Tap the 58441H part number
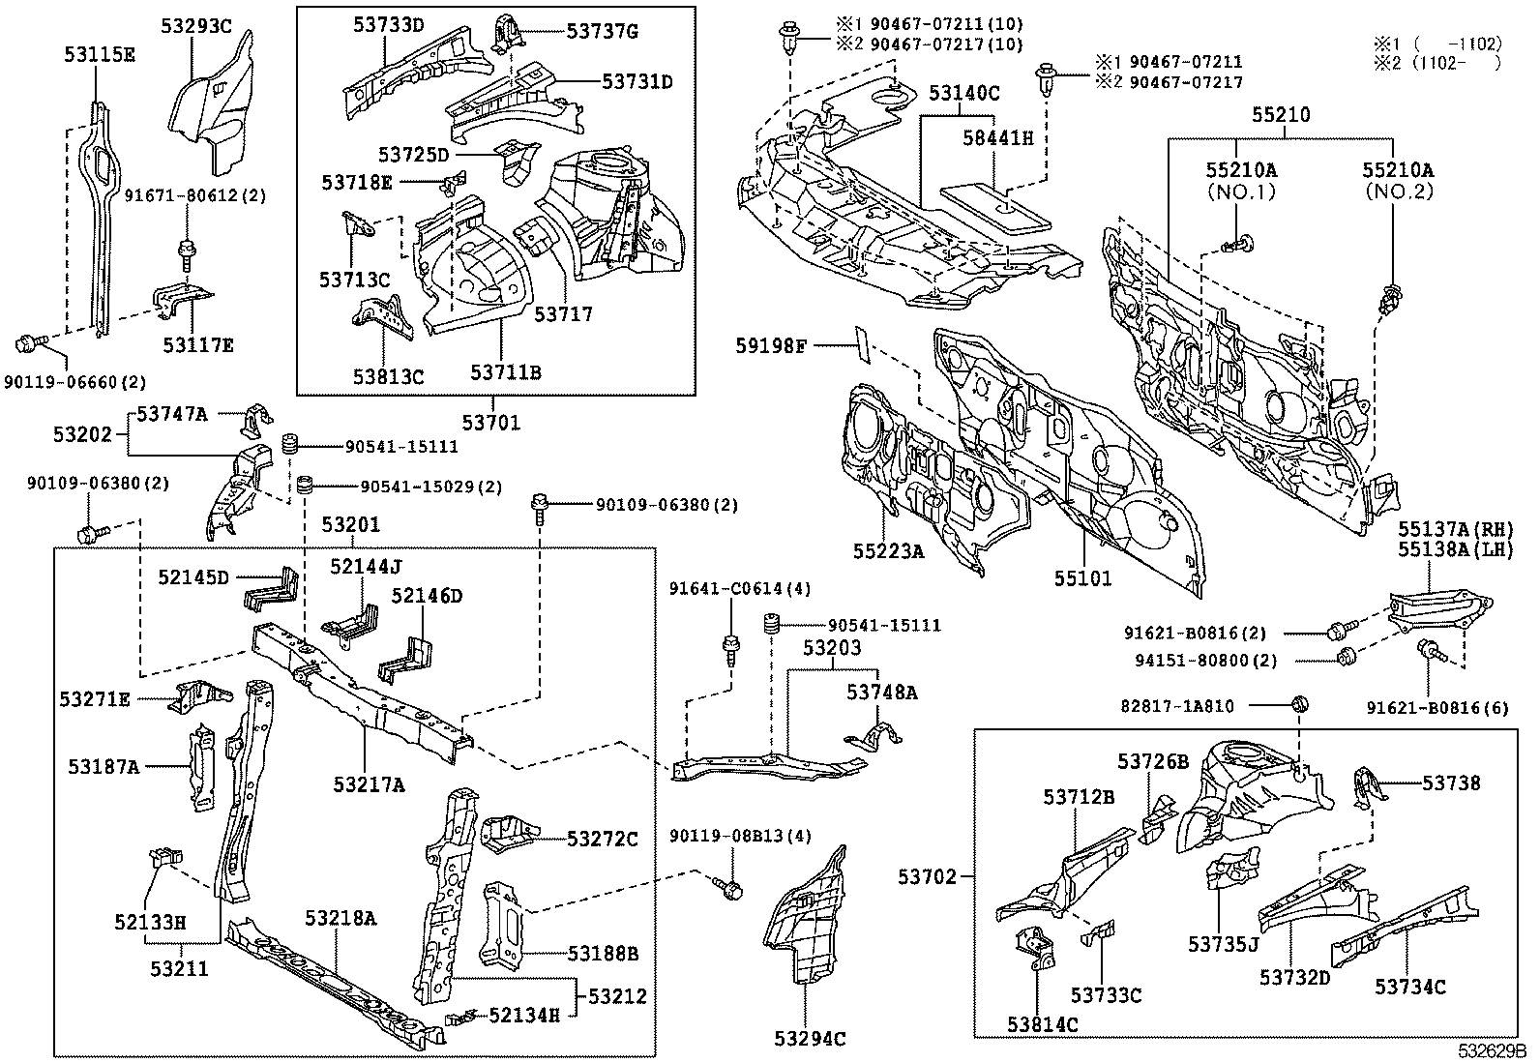[997, 138]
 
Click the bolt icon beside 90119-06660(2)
[29, 342]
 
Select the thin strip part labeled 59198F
[863, 345]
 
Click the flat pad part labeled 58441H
[995, 204]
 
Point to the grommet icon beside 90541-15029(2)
[304, 484]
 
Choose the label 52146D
[426, 596]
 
